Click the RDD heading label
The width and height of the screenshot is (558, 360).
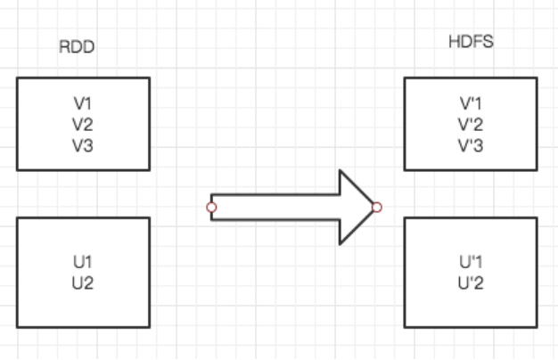pyautogui.click(x=77, y=48)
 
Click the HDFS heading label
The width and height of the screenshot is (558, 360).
pyautogui.click(x=470, y=43)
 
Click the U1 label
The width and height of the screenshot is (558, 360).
pyautogui.click(x=83, y=263)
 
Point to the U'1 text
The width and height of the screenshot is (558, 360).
pyautogui.click(x=471, y=263)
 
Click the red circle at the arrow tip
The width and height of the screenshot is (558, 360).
pyautogui.click(x=377, y=208)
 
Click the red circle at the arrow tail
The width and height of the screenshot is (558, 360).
pyautogui.click(x=211, y=208)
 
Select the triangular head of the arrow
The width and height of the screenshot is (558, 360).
pyautogui.click(x=355, y=208)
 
